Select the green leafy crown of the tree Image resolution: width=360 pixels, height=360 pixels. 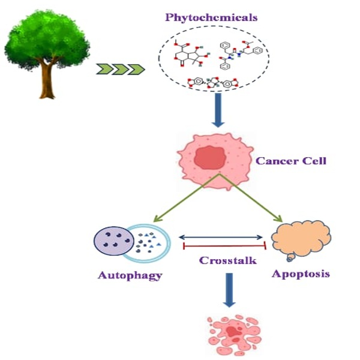coord(47,42)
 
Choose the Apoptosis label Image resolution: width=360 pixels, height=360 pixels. coord(300,274)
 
